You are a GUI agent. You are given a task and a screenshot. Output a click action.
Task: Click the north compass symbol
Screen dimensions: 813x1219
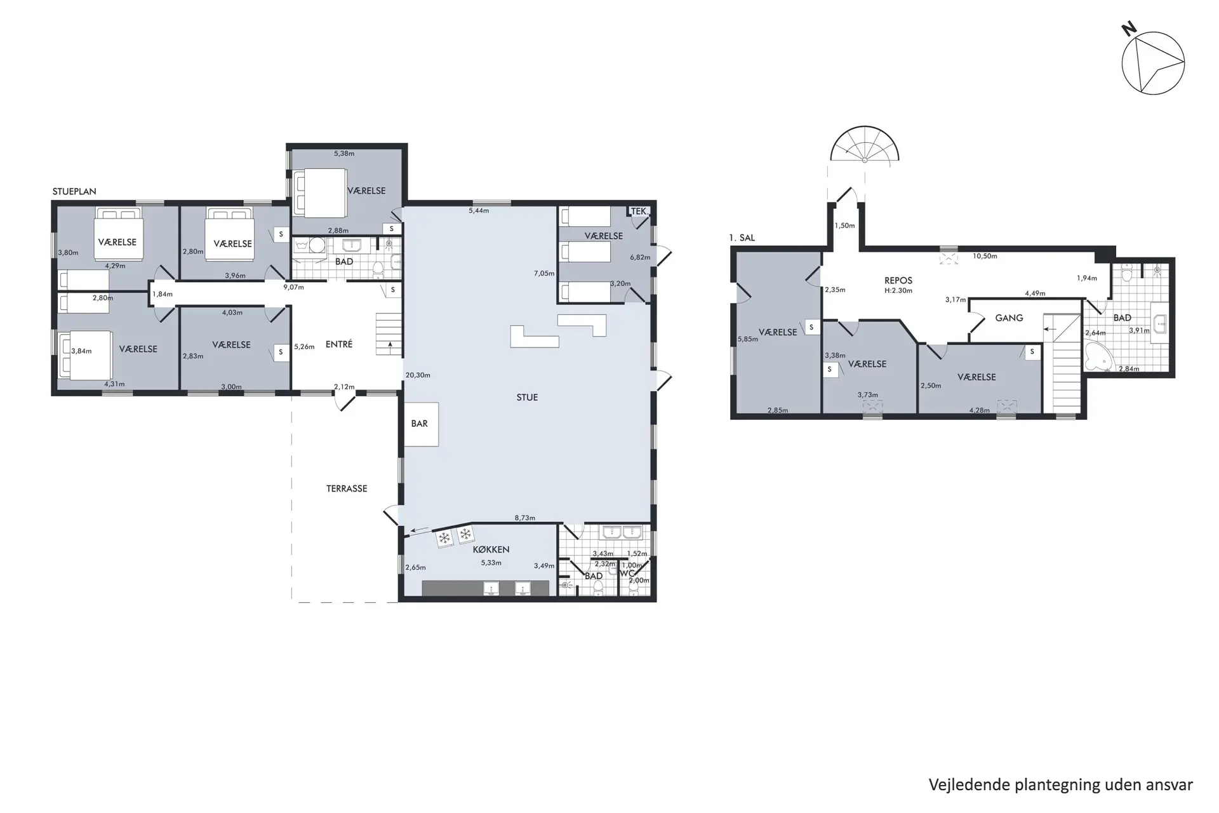coord(1152,64)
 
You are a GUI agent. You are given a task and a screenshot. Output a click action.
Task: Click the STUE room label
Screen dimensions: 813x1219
coord(527,398)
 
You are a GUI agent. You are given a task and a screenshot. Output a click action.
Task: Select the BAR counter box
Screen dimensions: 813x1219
coord(420,424)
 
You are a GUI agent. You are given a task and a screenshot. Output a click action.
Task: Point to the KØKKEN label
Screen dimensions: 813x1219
coord(491,549)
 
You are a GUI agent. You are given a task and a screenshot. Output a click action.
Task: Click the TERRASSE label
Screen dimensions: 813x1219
coord(347,488)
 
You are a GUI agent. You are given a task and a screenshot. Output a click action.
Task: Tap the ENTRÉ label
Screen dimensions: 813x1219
coord(338,344)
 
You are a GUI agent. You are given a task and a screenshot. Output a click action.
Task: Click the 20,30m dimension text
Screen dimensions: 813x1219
coord(418,375)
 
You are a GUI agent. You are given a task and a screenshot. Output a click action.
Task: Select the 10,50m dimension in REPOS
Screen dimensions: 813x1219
coord(985,257)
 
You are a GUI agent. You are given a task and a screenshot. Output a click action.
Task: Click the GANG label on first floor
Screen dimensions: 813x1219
coord(1009,318)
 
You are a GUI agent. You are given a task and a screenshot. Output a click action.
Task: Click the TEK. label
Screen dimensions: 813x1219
coord(639,212)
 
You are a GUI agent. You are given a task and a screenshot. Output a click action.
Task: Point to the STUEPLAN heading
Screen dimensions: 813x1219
coord(74,191)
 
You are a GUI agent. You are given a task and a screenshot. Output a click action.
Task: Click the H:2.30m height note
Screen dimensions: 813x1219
coord(898,290)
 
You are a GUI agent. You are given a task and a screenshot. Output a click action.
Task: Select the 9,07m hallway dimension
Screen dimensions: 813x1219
coord(293,287)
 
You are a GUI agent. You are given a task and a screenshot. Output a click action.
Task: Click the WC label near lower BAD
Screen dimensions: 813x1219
coord(627,574)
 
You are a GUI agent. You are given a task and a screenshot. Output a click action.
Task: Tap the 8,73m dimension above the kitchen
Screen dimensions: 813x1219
coord(524,518)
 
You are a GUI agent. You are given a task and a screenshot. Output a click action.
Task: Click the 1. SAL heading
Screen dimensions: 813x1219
coord(742,238)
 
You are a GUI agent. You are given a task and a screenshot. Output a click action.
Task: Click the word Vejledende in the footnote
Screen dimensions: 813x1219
coord(969,784)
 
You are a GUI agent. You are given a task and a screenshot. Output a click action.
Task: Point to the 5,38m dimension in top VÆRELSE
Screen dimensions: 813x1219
coord(344,154)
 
